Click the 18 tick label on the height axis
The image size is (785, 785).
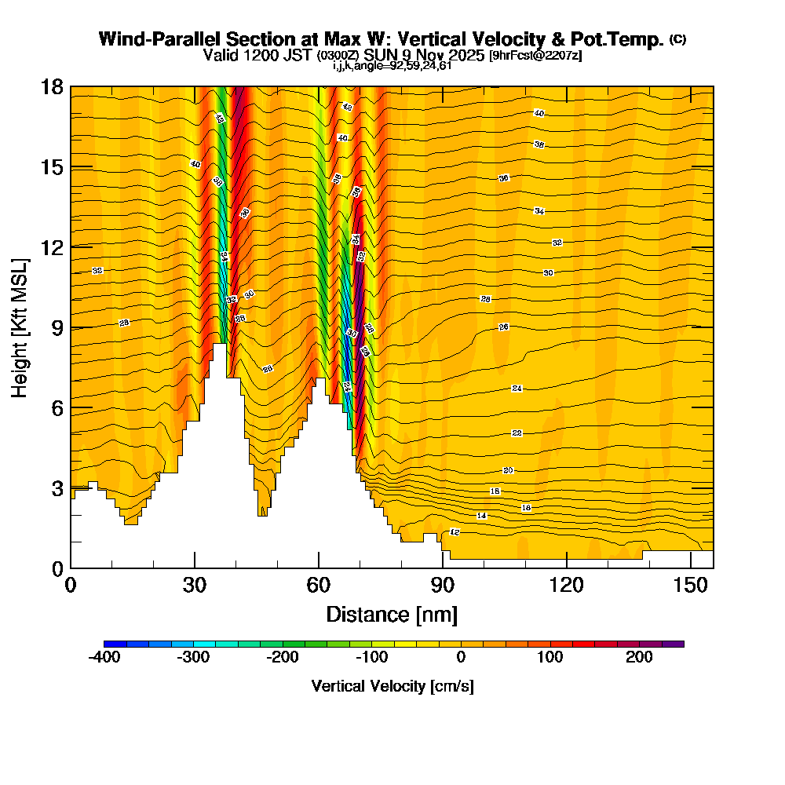point(52,86)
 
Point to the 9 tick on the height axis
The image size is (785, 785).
point(71,327)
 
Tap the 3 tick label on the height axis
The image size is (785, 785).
point(57,488)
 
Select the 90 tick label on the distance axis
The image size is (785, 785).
point(442,585)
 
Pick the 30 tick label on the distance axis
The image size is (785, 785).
point(195,585)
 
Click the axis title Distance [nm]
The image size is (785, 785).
point(392,614)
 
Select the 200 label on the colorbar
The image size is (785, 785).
point(640,657)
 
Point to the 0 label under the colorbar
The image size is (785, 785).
point(461,657)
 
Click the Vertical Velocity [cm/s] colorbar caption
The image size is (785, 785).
point(392,686)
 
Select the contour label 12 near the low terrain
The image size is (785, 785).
point(454,532)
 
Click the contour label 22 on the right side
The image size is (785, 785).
point(517,433)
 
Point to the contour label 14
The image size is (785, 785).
point(482,516)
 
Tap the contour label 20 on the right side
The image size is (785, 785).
point(508,470)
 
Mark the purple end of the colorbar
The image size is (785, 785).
point(678,644)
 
